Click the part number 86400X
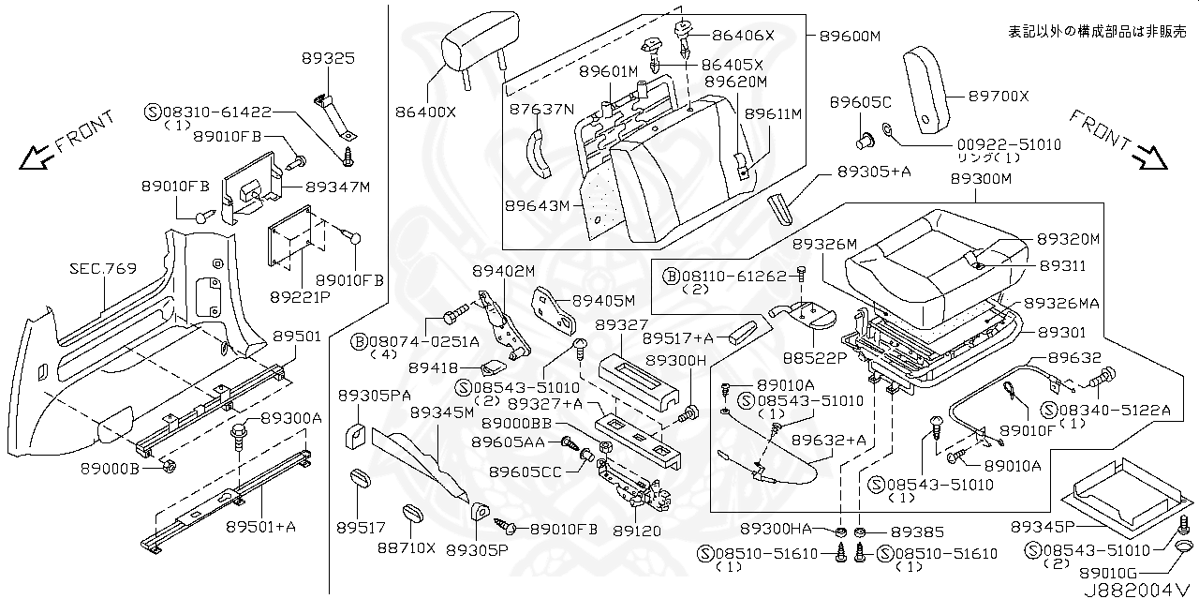pos(425,112)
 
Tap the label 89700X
pos(998,96)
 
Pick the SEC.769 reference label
pos(102,268)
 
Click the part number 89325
pos(328,58)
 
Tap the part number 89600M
pos(850,36)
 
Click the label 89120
pos(637,531)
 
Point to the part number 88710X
pos(407,548)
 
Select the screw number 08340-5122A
pos(1112,410)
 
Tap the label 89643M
pos(537,205)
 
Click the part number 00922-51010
pos(1008,144)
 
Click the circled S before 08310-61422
pos(153,111)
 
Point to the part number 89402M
pos(503,270)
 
